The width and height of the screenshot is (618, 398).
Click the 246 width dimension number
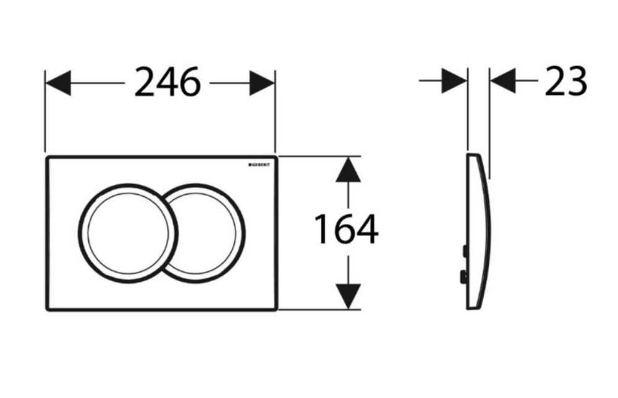point(167,82)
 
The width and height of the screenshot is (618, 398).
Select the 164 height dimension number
point(346,229)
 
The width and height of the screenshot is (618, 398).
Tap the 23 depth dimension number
point(566,81)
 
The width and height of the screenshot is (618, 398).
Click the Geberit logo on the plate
point(259,165)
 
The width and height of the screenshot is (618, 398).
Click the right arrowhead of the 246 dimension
point(262,83)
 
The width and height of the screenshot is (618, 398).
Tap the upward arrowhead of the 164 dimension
point(348,169)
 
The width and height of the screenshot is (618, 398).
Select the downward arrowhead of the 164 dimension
point(348,296)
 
